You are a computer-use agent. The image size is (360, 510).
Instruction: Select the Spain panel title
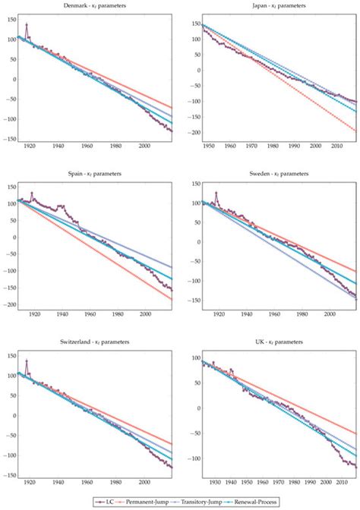pyautogui.click(x=96, y=174)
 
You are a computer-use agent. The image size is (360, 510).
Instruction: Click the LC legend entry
pyautogui.click(x=113, y=502)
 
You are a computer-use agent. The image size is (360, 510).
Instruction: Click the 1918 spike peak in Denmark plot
pyautogui.click(x=27, y=24)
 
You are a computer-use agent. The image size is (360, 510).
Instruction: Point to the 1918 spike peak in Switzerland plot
pyautogui.click(x=27, y=360)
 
